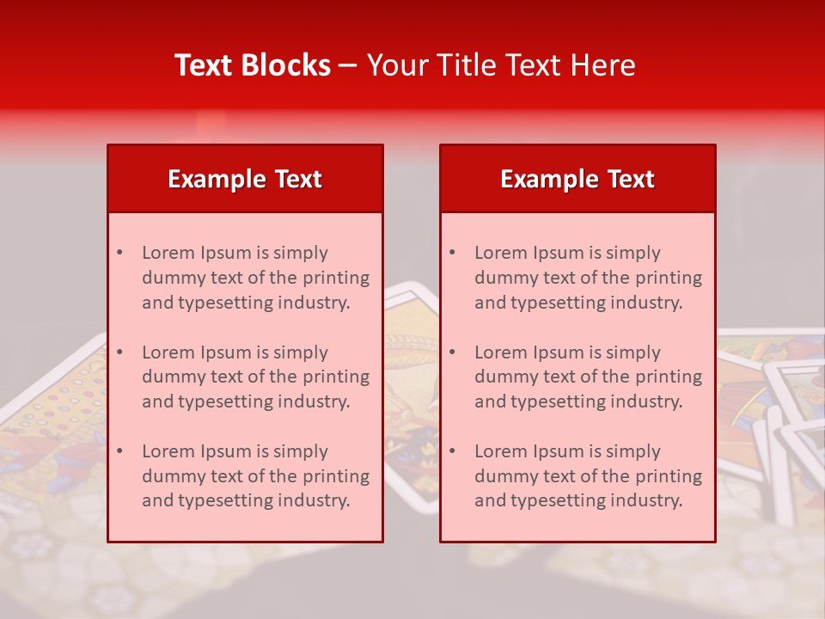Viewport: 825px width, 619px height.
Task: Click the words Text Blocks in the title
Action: [253, 65]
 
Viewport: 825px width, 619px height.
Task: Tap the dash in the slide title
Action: [348, 66]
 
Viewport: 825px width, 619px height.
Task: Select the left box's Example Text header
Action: [245, 179]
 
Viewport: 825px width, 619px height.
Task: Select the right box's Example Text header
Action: [577, 179]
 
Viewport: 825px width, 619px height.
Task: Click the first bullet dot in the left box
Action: [119, 253]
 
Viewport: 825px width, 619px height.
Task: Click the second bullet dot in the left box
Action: [119, 352]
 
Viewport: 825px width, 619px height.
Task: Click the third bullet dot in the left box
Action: [119, 451]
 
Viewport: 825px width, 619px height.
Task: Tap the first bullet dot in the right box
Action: [452, 253]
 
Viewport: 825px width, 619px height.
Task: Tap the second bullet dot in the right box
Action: [452, 352]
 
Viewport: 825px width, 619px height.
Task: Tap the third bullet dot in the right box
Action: [452, 451]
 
